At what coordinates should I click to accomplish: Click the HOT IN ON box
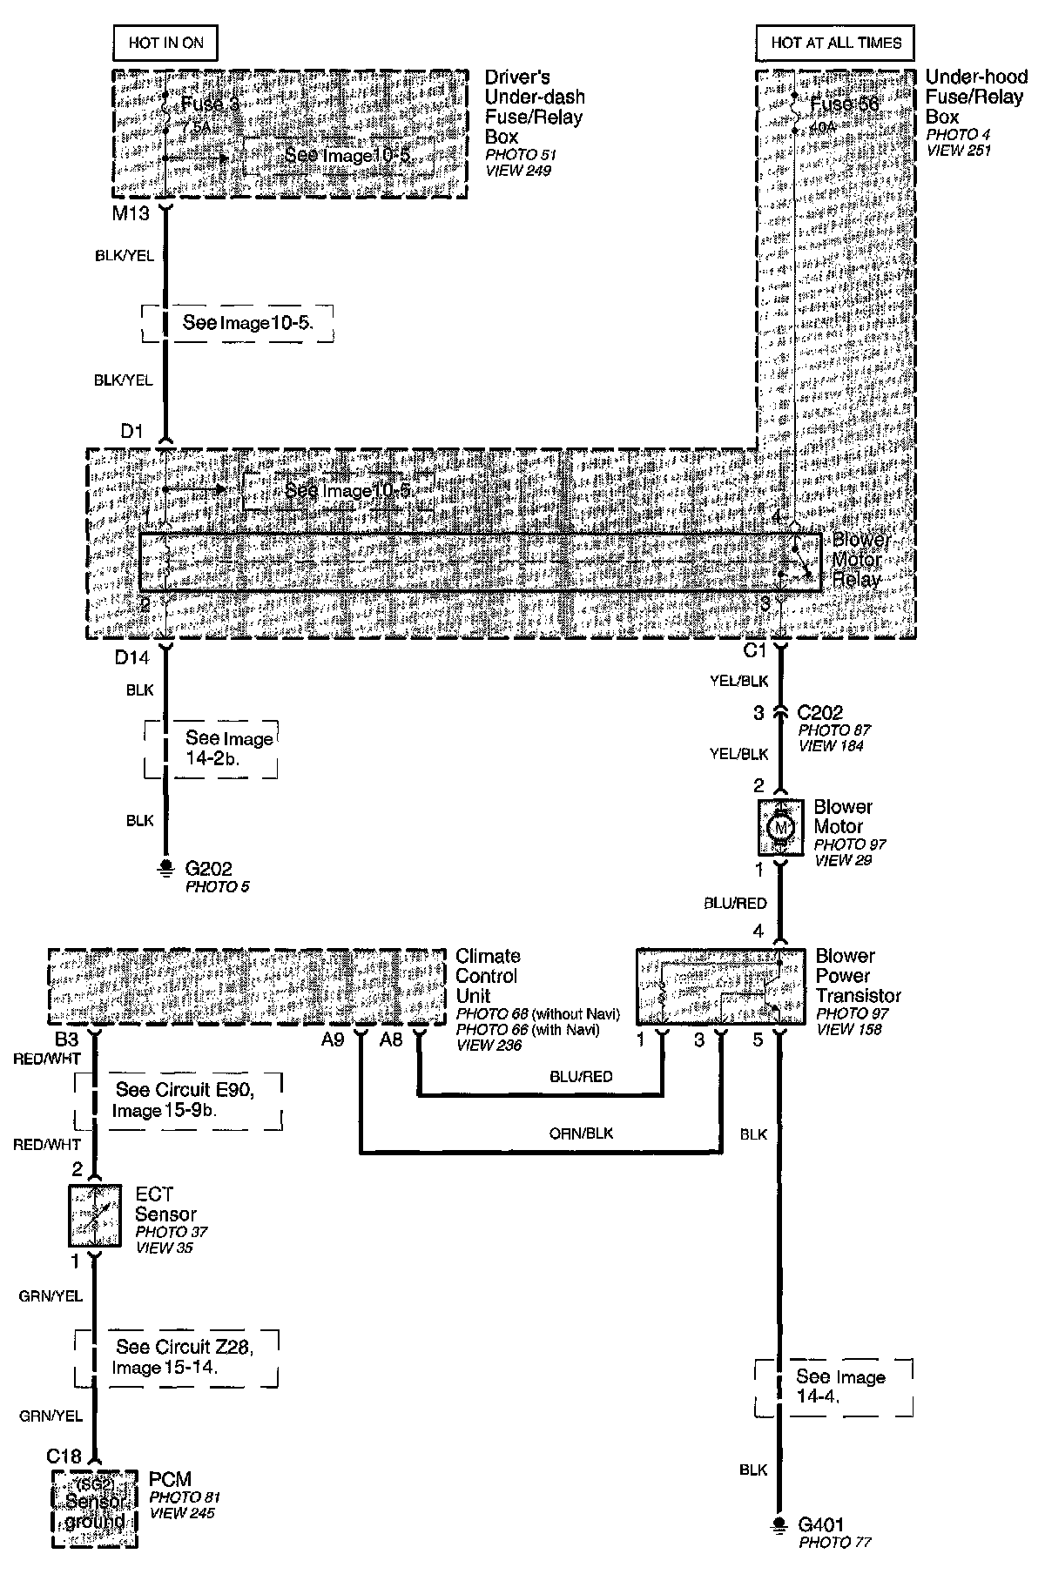pyautogui.click(x=165, y=42)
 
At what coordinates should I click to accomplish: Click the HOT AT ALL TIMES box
pyautogui.click(x=836, y=42)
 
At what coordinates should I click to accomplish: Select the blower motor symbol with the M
pyautogui.click(x=780, y=826)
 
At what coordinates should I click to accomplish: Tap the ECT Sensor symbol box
pyautogui.click(x=95, y=1214)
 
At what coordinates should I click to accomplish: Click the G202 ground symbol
pyautogui.click(x=165, y=866)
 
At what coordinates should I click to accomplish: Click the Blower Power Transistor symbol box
pyautogui.click(x=721, y=986)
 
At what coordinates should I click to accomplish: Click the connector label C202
pyautogui.click(x=819, y=713)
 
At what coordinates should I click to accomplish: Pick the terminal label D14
pyautogui.click(x=132, y=658)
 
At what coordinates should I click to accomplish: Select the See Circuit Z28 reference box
pyautogui.click(x=178, y=1357)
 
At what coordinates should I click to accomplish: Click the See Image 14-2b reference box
pyautogui.click(x=212, y=748)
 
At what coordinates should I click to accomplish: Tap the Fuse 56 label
pyautogui.click(x=844, y=104)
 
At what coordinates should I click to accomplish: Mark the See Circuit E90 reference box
pyautogui.click(x=179, y=1100)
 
